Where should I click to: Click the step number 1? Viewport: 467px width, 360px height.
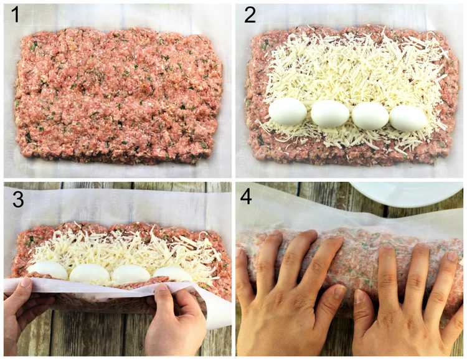(x=14, y=15)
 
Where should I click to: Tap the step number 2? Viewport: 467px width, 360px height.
(x=250, y=15)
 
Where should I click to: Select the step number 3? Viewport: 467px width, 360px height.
(x=18, y=199)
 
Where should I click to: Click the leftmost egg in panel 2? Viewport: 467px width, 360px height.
(x=288, y=111)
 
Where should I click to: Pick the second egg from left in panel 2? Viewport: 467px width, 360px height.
(x=330, y=113)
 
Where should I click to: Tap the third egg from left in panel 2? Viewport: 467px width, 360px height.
(x=370, y=116)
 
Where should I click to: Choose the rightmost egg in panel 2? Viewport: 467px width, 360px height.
(x=408, y=118)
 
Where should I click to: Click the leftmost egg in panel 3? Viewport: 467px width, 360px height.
(x=48, y=270)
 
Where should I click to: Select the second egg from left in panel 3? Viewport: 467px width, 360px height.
(x=89, y=273)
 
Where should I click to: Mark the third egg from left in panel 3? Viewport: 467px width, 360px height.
(x=130, y=274)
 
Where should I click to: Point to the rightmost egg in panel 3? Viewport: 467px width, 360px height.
(x=171, y=274)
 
